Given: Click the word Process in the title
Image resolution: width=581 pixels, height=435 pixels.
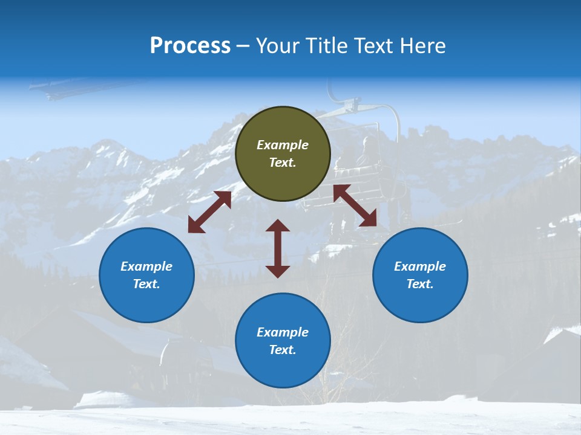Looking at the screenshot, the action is pyautogui.click(x=190, y=46).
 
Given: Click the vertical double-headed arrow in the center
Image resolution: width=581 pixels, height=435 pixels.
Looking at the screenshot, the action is pyautogui.click(x=278, y=248).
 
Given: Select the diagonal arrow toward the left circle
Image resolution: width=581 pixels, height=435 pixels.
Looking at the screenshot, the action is pyautogui.click(x=209, y=212).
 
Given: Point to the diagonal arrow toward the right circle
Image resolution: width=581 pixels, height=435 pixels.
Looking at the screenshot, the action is pyautogui.click(x=355, y=205).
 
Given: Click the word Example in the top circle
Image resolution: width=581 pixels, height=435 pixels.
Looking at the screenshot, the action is pyautogui.click(x=283, y=145).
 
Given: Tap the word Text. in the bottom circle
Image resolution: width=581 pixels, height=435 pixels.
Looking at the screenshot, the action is pyautogui.click(x=283, y=350).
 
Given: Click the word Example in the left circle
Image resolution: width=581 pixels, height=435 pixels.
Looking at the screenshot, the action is pyautogui.click(x=146, y=266).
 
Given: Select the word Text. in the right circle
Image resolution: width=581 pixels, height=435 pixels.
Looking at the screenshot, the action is pyautogui.click(x=420, y=284).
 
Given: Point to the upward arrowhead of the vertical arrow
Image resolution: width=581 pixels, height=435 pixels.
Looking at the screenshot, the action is pyautogui.click(x=278, y=225).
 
